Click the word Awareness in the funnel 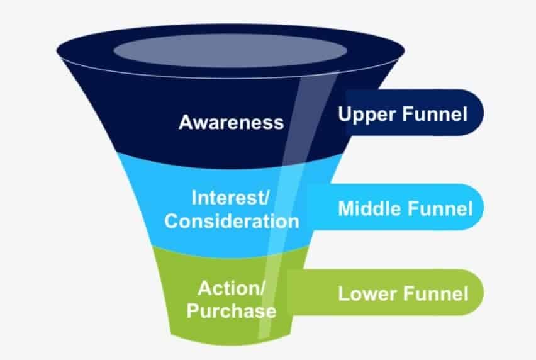(x=231, y=121)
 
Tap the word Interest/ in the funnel (x=231, y=199)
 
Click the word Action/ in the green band (x=231, y=289)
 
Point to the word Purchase (x=231, y=311)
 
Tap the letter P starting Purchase (x=191, y=311)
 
